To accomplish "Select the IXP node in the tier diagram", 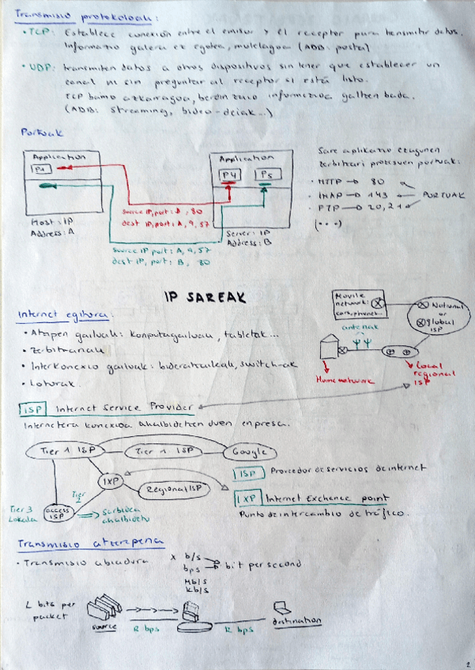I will coord(109,480).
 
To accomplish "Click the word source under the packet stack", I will coord(105,627).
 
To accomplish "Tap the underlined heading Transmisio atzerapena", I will coord(91,543).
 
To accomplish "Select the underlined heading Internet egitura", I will coord(66,314).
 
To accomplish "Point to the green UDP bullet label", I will coord(36,67).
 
